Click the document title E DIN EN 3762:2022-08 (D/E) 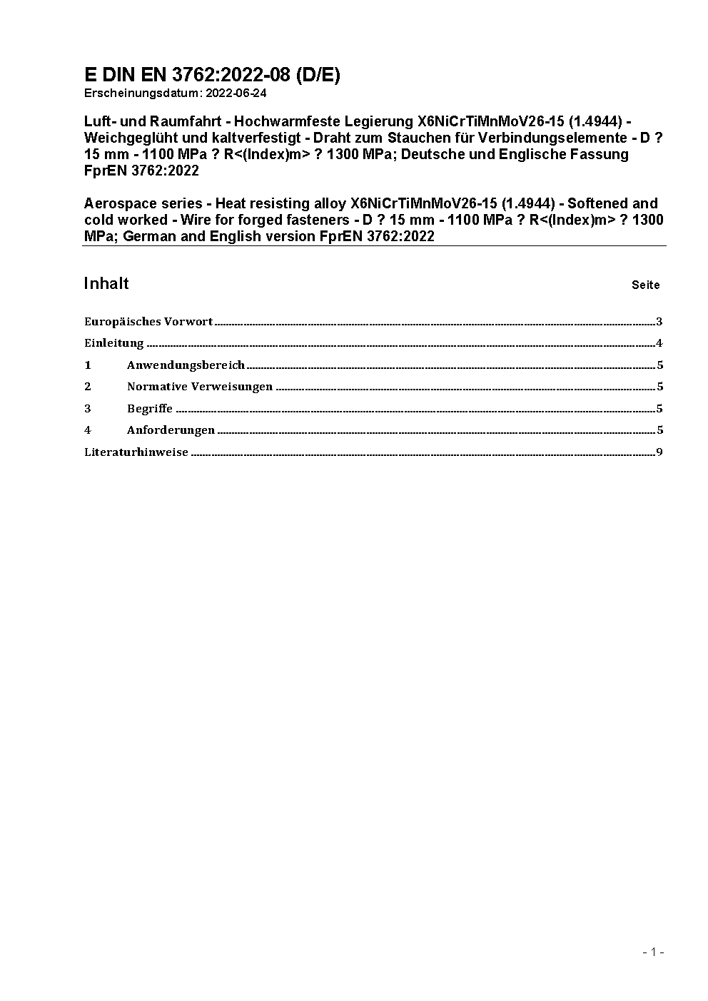point(212,75)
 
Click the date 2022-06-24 point(236,93)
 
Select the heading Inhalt point(106,283)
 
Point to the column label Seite point(645,285)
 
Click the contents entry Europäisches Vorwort point(148,321)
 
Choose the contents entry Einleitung point(114,343)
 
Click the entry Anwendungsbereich point(186,365)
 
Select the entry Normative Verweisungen point(200,386)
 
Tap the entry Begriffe point(150,408)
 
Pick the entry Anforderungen point(171,430)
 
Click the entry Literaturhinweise point(136,452)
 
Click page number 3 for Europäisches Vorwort point(659,321)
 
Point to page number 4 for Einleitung point(659,343)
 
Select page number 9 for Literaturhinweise point(659,452)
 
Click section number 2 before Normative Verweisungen point(88,386)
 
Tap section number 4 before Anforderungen point(88,430)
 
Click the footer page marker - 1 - point(653,952)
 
